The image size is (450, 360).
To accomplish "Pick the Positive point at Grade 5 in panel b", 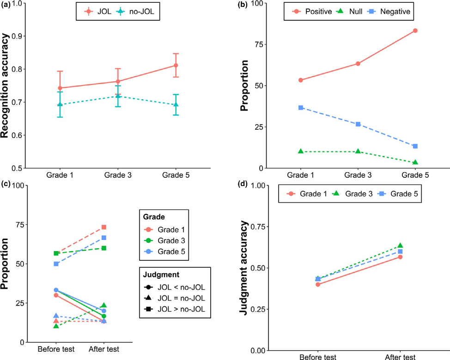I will coord(415,31).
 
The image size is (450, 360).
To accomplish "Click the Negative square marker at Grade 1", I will coord(301,108).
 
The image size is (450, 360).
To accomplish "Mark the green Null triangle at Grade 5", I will coord(415,162).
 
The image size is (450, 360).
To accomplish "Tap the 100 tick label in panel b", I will coord(257,4).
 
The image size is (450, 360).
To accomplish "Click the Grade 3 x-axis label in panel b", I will coord(358,176).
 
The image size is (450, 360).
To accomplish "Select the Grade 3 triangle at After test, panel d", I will coord(400,246).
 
